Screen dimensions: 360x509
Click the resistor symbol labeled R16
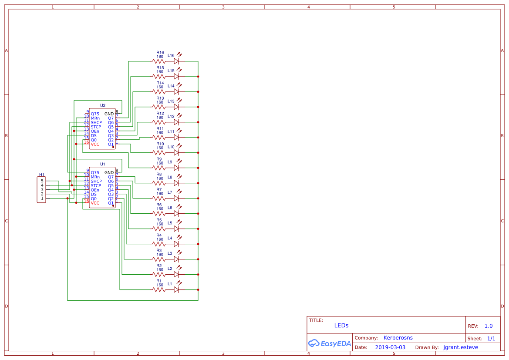pos(159,61)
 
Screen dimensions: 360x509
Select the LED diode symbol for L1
pos(176,290)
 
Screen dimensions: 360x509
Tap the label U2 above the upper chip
pos(103,105)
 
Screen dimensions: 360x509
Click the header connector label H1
pos(42,175)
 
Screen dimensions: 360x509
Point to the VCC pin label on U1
pos(95,203)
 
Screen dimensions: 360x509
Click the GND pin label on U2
pos(109,114)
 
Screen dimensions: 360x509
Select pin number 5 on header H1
pos(42,181)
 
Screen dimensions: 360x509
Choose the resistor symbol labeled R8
pos(159,183)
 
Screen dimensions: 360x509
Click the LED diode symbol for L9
pos(176,168)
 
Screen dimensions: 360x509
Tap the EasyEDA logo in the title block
pos(329,343)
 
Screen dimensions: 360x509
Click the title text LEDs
pos(341,326)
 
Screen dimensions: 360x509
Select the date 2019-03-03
pos(390,347)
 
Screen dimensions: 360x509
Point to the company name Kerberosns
pos(398,338)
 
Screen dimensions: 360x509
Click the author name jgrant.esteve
pos(461,347)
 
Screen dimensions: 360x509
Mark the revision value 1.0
pos(489,326)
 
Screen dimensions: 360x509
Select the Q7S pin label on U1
pos(95,173)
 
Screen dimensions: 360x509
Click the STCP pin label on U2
pos(96,127)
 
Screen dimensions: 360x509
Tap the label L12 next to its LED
pos(171,116)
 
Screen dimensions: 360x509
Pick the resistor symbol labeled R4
pos(159,244)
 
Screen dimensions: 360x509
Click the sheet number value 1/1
pos(491,338)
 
